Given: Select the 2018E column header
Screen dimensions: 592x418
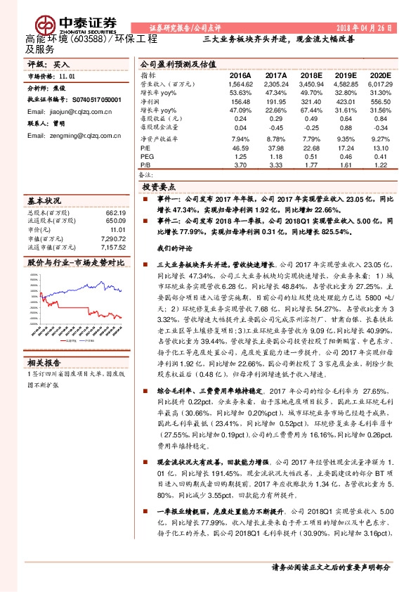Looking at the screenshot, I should point(311,75).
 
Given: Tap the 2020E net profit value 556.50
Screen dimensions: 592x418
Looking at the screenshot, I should point(378,101).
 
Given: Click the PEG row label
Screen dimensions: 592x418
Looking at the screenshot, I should point(146,157).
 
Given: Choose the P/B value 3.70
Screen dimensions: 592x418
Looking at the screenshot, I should point(240,165).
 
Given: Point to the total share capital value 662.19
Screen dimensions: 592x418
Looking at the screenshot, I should point(115,212).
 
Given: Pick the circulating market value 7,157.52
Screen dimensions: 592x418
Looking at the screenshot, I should point(112,247).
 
